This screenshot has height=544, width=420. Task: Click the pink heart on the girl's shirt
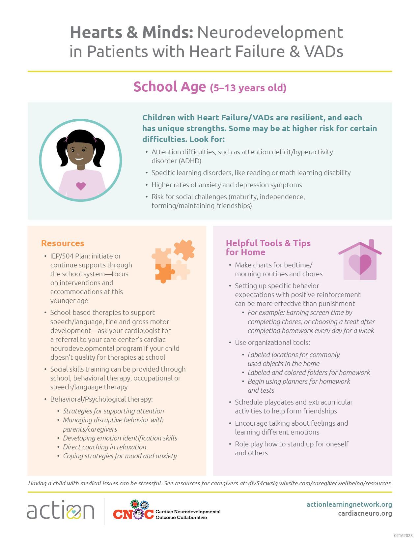coord(81,186)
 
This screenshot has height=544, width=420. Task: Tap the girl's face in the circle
coord(80,152)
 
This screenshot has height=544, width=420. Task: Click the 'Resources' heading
coord(63,243)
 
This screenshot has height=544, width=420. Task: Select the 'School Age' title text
coord(170,87)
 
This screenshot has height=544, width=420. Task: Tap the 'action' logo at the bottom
coord(61,510)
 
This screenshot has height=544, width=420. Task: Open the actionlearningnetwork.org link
coord(349,504)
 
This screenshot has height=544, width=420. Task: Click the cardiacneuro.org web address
coord(365,513)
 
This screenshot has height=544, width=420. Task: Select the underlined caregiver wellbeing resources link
coord(319,483)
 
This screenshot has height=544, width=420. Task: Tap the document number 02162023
coord(403,536)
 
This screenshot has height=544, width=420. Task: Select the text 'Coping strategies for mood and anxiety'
coord(120,456)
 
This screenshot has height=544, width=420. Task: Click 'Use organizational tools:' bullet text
coord(272,343)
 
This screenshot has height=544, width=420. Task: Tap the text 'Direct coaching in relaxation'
coord(104,447)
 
